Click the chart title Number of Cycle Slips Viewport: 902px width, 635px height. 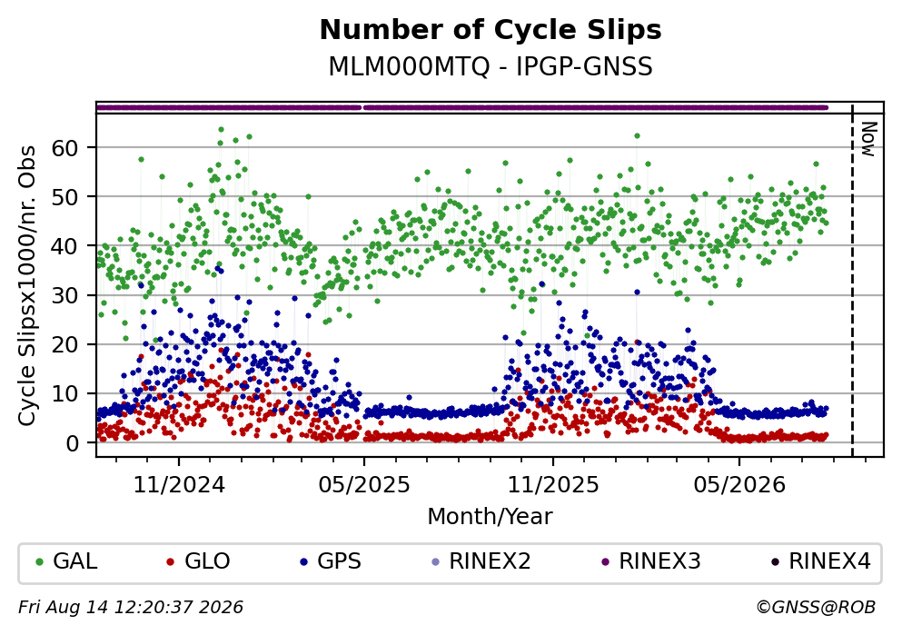click(x=491, y=30)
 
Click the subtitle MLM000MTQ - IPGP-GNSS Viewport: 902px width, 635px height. click(x=491, y=67)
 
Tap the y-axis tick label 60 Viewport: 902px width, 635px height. click(x=64, y=148)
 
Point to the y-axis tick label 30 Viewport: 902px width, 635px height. click(x=64, y=295)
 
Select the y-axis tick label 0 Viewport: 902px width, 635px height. click(x=72, y=443)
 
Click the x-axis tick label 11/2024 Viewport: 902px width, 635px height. click(x=179, y=485)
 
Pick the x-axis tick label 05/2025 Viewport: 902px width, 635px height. click(x=364, y=485)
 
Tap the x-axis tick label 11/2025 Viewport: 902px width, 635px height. click(x=553, y=485)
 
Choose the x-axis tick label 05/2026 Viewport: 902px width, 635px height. click(x=739, y=485)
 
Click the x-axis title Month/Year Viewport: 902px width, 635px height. click(x=491, y=517)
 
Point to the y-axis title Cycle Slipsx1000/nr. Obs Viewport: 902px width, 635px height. click(x=27, y=286)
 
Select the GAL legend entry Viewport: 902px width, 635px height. click(x=66, y=561)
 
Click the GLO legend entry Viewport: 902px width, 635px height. click(x=198, y=561)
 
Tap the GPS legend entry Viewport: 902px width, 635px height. click(x=331, y=561)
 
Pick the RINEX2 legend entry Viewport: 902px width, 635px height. click(x=481, y=561)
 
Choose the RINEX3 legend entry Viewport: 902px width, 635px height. click(x=651, y=561)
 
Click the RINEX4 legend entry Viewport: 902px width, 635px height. click(x=821, y=561)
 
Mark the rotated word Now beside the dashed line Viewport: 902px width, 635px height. click(x=868, y=139)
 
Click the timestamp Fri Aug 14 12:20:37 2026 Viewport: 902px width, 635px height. click(x=131, y=608)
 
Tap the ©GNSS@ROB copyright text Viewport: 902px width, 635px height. click(x=817, y=608)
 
